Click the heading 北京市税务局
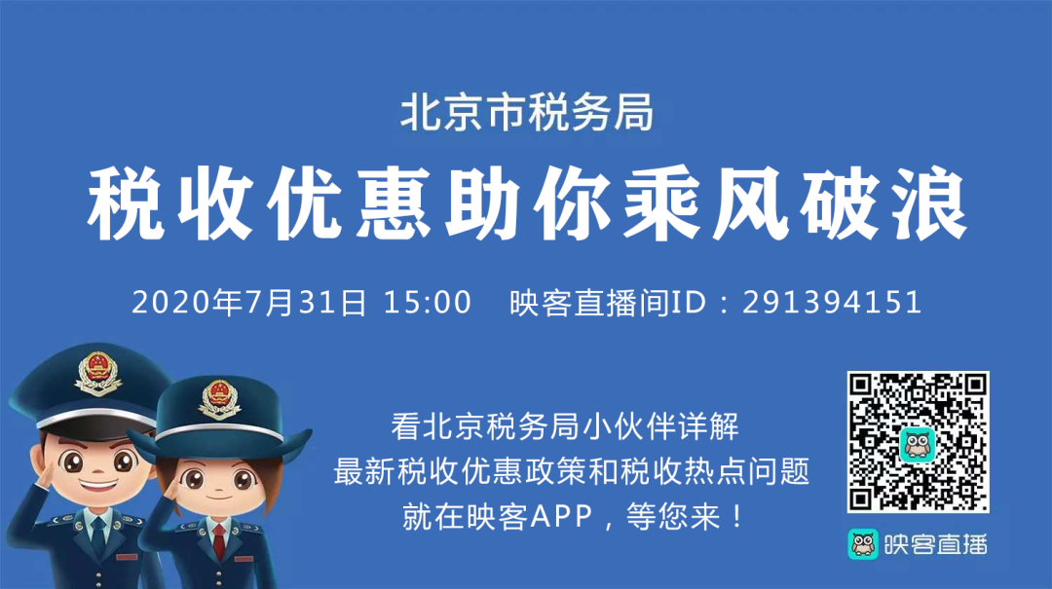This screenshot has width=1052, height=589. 527,112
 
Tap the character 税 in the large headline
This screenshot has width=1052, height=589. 126,203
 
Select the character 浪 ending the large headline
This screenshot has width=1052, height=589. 928,203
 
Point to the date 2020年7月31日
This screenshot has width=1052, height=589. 249,302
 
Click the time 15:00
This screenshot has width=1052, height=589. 428,302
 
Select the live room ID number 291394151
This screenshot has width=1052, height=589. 832,302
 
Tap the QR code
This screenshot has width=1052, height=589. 918,442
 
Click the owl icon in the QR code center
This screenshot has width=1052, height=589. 918,444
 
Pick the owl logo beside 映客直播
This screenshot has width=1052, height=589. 863,544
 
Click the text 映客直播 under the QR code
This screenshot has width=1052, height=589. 935,545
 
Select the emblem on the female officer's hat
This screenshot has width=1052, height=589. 219,398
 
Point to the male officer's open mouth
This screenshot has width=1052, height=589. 99,482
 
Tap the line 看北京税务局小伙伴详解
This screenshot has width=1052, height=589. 565,426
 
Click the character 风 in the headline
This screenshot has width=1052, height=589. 750,203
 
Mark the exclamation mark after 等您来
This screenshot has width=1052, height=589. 737,517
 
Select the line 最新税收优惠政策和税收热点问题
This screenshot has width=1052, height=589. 572,471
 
